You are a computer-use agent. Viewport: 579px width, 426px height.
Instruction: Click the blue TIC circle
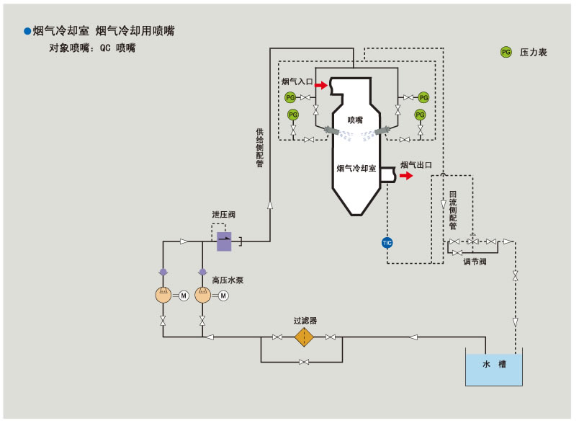[387, 242]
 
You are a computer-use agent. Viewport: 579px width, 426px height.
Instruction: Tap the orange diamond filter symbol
[305, 337]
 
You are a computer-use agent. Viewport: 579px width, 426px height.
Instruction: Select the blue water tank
[493, 368]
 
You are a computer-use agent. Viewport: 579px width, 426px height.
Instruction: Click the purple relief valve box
[224, 241]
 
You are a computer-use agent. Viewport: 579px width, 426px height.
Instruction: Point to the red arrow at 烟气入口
[321, 85]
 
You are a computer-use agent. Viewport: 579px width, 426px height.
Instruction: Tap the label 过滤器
[305, 320]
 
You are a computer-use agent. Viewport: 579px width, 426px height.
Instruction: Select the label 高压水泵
[228, 280]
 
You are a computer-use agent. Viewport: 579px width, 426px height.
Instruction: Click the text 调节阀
[475, 262]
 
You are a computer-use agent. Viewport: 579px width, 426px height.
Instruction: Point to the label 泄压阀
[223, 215]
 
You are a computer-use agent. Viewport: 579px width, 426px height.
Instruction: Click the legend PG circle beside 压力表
[506, 52]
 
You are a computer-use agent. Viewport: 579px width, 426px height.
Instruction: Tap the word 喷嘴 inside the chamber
[355, 120]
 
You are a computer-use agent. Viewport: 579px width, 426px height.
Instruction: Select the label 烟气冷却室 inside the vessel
[356, 168]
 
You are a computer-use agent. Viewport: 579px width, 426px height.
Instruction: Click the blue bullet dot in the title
[27, 31]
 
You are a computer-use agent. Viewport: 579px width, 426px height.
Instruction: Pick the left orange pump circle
[163, 295]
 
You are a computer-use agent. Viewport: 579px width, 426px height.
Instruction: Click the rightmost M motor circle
[223, 295]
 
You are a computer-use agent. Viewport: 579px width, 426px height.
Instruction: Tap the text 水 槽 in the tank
[493, 364]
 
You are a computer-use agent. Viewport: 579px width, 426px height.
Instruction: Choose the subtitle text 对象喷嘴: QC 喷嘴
[92, 48]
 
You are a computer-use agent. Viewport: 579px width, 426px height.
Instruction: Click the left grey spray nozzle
[331, 130]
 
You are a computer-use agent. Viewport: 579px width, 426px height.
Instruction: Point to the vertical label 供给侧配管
[260, 148]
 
